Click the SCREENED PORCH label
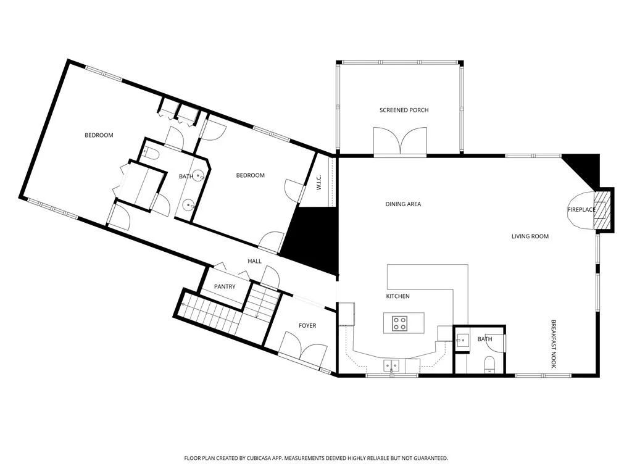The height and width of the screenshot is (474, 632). [x=404, y=110]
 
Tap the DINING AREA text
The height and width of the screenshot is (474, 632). [x=403, y=204]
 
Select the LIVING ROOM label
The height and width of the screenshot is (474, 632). [x=530, y=236]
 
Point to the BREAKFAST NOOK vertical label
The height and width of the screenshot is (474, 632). [x=554, y=344]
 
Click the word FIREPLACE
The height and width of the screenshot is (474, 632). [x=581, y=210]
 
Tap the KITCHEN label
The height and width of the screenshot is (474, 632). [x=398, y=296]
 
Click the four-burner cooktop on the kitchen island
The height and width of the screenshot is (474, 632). [x=400, y=323]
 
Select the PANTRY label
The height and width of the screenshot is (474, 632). [x=225, y=286]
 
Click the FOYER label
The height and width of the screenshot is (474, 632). [x=307, y=326]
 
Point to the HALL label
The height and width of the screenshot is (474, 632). [x=254, y=261]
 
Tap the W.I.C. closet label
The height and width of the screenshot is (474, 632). [x=318, y=182]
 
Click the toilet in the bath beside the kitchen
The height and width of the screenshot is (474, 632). [x=489, y=363]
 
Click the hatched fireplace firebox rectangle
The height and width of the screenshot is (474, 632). [x=602, y=210]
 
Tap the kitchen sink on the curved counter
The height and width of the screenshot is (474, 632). [x=391, y=365]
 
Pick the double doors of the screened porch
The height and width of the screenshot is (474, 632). [x=400, y=141]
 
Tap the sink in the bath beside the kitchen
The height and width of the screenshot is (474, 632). [x=463, y=340]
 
